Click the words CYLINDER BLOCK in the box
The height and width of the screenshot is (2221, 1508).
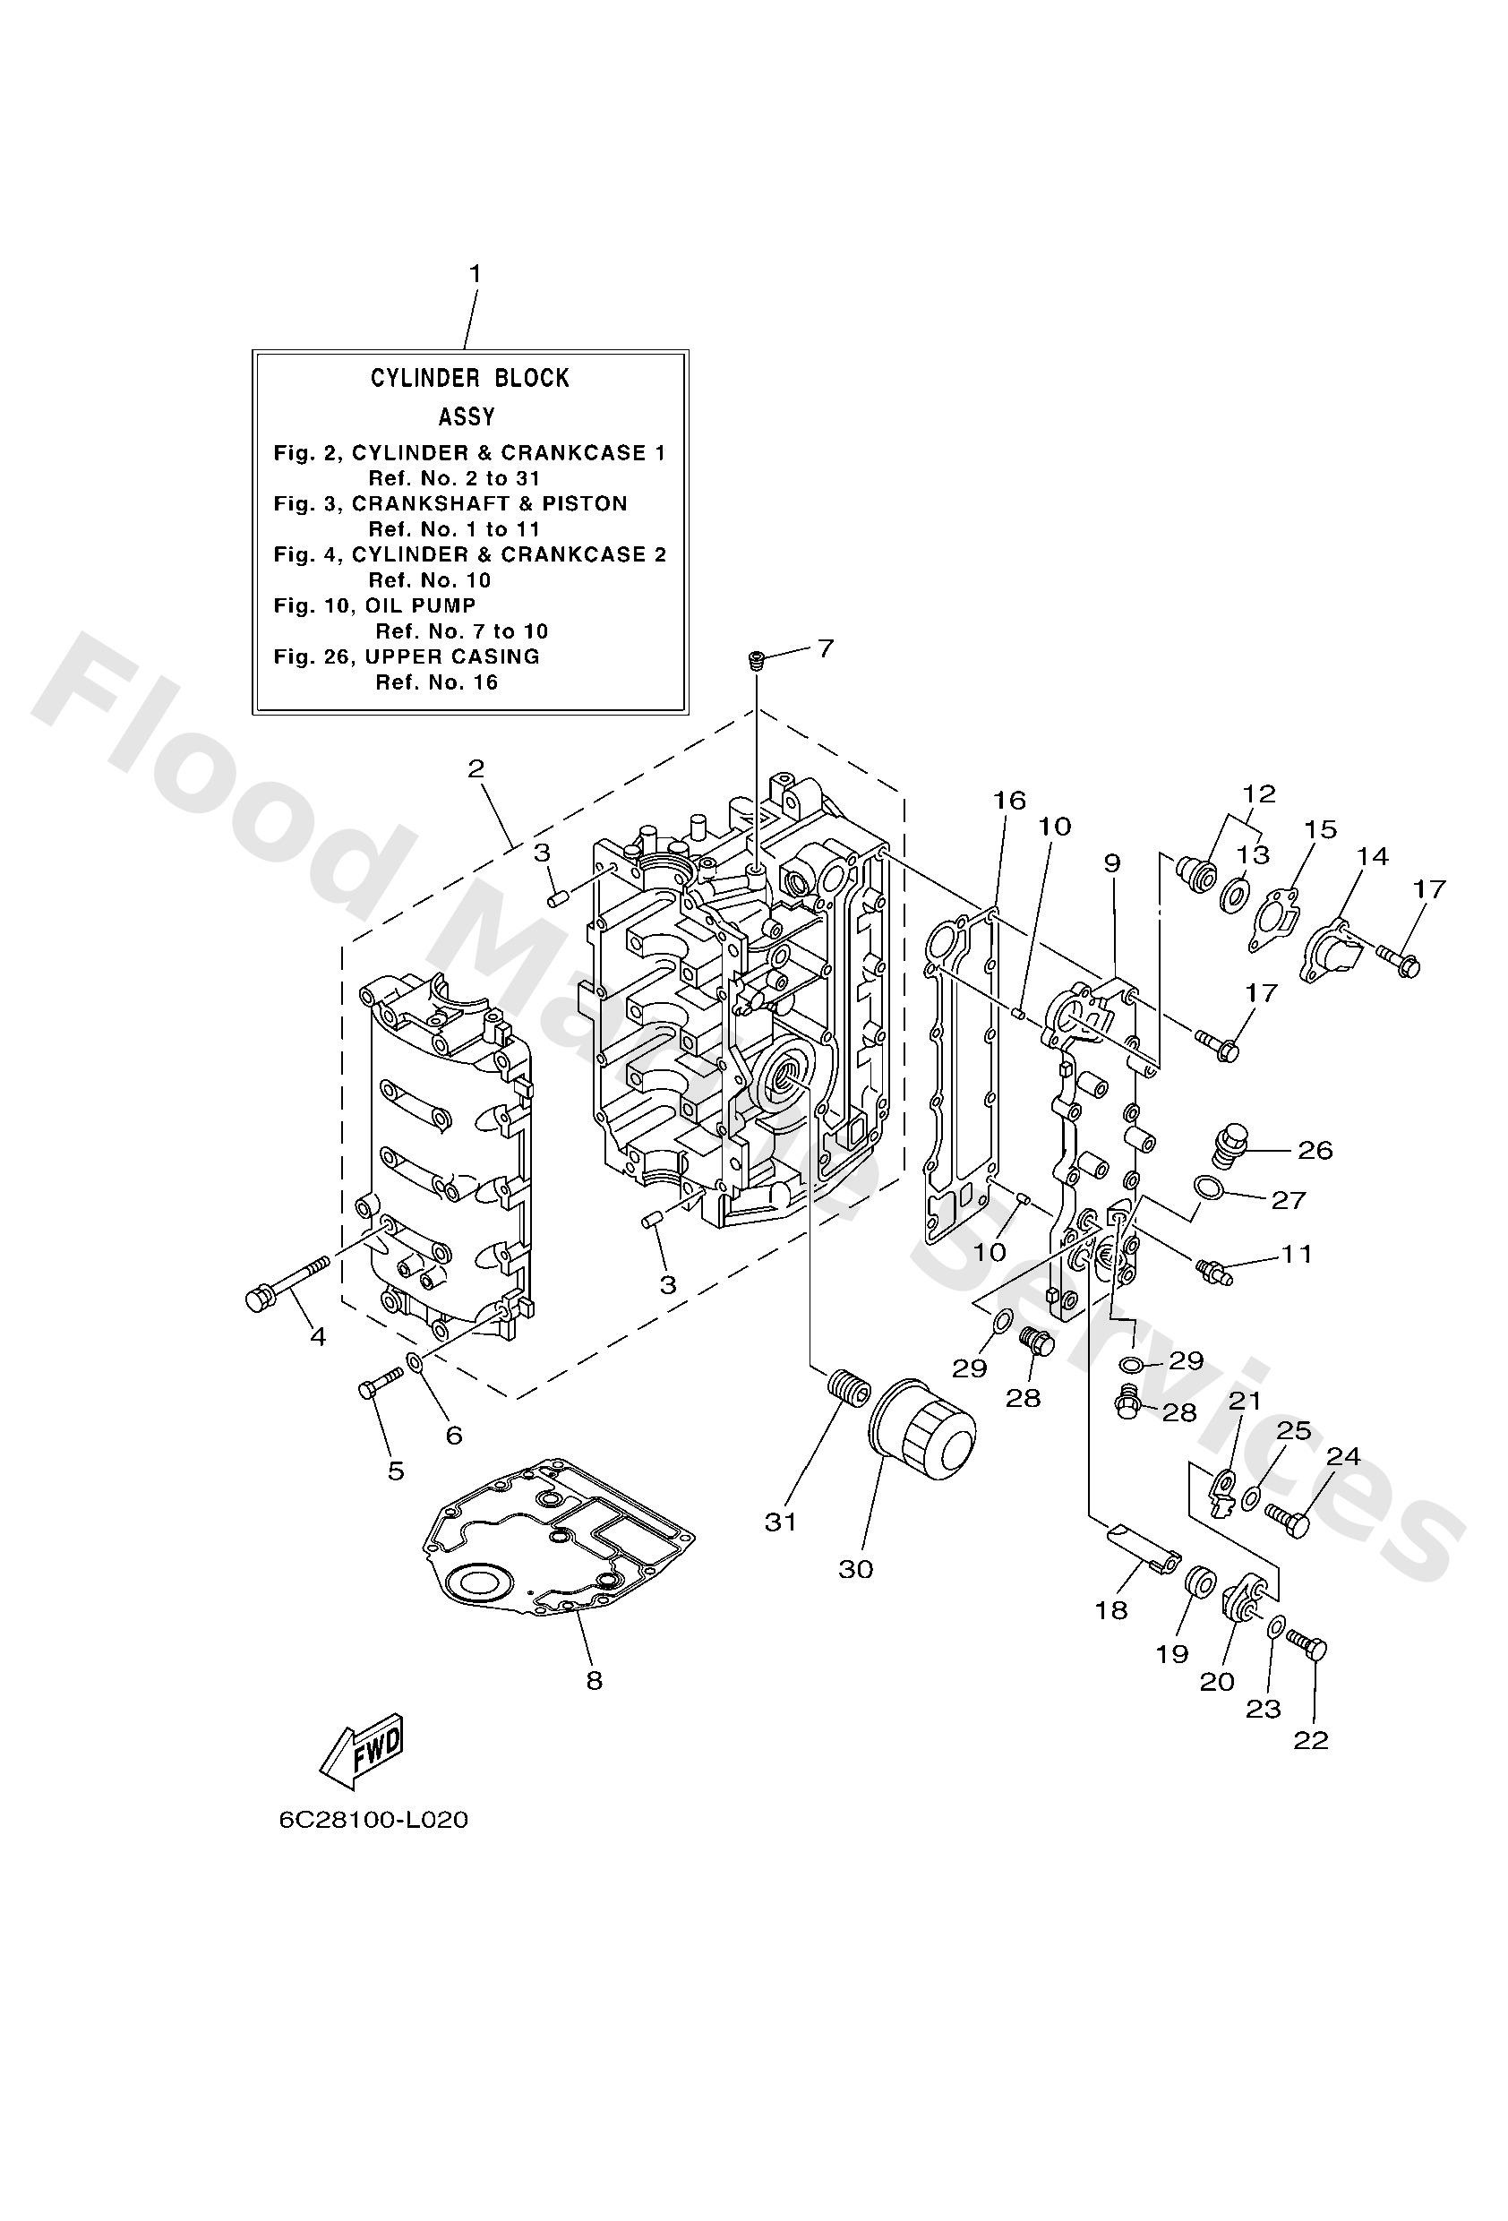[x=469, y=379]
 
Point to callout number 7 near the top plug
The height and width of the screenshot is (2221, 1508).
[x=826, y=649]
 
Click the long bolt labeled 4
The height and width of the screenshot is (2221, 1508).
[x=286, y=1283]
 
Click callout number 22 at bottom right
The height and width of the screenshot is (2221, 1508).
[x=1311, y=1741]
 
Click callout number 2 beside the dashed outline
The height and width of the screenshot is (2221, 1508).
[x=476, y=768]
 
